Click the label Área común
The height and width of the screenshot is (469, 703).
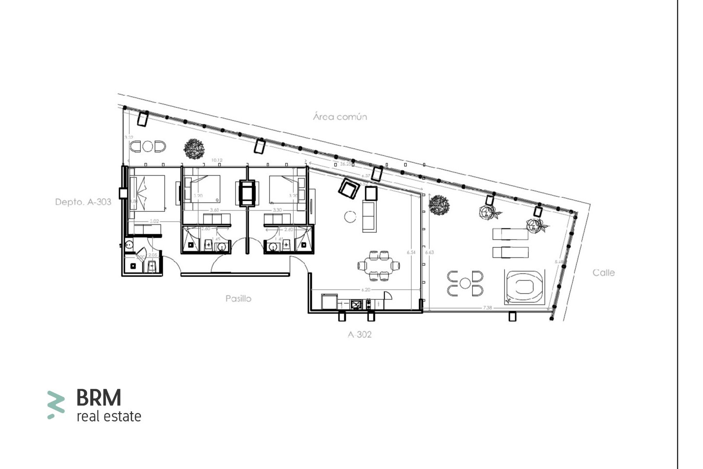[340, 117]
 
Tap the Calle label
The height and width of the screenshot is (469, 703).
[603, 273]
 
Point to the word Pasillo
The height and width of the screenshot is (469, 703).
[238, 298]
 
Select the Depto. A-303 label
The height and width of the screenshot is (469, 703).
[83, 202]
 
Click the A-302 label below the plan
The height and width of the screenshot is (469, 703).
[360, 334]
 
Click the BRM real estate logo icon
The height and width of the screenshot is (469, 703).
[56, 404]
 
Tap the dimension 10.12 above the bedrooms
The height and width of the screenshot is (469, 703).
[217, 160]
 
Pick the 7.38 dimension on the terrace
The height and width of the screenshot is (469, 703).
[487, 308]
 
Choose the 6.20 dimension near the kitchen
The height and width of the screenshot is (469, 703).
[366, 290]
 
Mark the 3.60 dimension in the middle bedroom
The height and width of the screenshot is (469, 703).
[214, 210]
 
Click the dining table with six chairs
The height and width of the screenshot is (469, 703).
[379, 265]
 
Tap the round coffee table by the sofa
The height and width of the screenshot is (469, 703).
[350, 216]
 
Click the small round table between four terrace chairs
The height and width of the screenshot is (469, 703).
[465, 283]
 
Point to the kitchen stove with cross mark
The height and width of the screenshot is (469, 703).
[357, 304]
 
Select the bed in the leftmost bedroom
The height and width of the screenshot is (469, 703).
[148, 193]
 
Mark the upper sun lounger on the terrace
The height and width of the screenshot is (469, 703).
[510, 234]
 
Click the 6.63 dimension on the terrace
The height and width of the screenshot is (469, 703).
[429, 252]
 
